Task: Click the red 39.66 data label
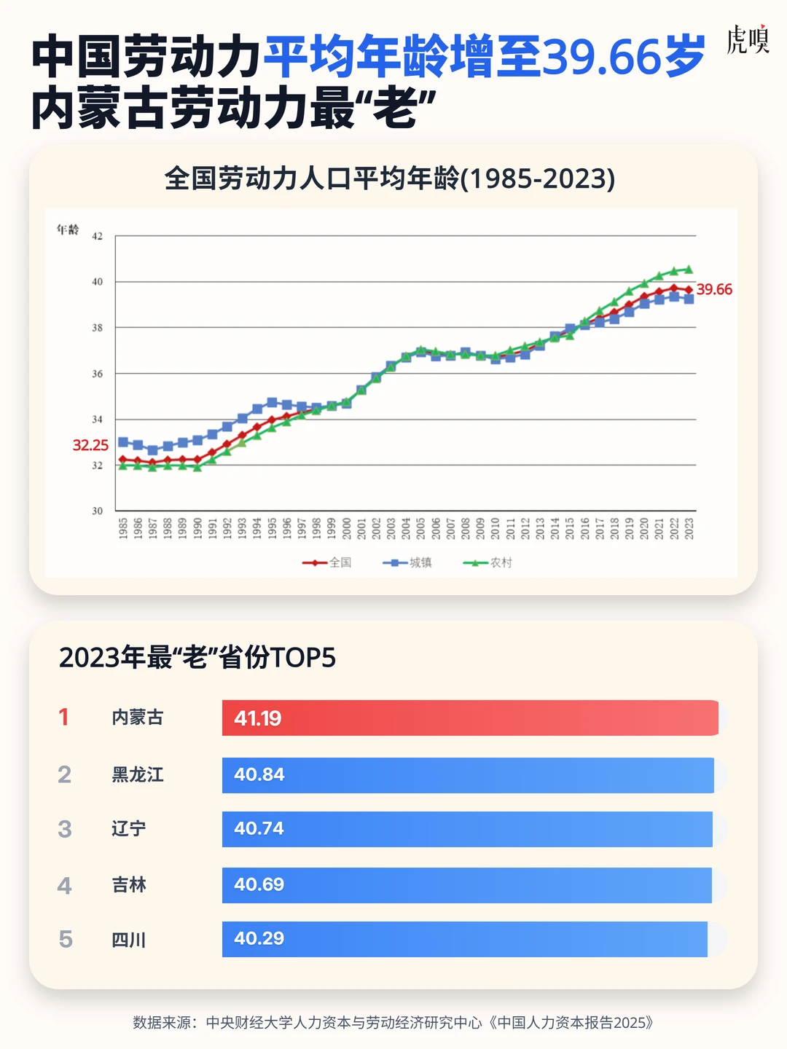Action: [x=713, y=289]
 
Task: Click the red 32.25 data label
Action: [x=90, y=445]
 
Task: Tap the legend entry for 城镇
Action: [x=408, y=562]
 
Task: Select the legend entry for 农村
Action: [x=489, y=562]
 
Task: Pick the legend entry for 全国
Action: [x=328, y=562]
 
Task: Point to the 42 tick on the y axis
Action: [x=98, y=236]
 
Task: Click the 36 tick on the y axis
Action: [x=98, y=374]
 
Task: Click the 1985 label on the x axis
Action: [x=123, y=528]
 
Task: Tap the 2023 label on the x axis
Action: [x=689, y=528]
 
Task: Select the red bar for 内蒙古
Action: [x=470, y=718]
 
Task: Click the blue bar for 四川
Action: [x=465, y=939]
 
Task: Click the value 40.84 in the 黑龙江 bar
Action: [x=259, y=774]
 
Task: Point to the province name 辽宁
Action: [x=129, y=829]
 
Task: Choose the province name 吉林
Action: [x=129, y=884]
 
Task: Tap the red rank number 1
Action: [x=64, y=718]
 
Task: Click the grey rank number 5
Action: [x=66, y=939]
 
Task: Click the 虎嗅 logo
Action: [x=748, y=39]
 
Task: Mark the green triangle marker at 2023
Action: [x=689, y=270]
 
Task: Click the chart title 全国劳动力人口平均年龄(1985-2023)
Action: [x=390, y=178]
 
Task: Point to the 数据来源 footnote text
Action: [x=393, y=1023]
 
